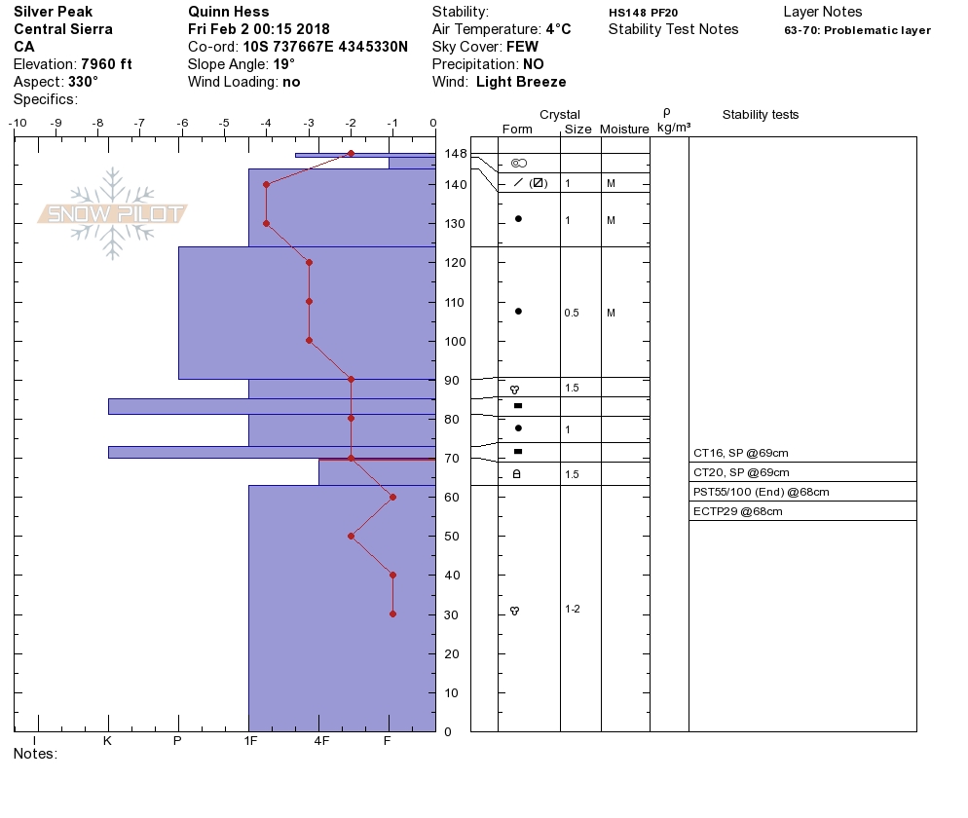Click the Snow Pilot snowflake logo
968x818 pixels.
pyautogui.click(x=112, y=213)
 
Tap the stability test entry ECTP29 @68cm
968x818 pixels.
pyautogui.click(x=738, y=511)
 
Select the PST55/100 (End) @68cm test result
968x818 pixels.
pyautogui.click(x=762, y=492)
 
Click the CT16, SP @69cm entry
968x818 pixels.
pyautogui.click(x=741, y=453)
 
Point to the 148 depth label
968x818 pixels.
pyautogui.click(x=456, y=153)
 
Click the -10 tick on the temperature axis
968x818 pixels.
pyautogui.click(x=18, y=123)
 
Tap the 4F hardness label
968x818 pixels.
pyautogui.click(x=321, y=740)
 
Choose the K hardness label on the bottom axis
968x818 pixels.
pyautogui.click(x=107, y=740)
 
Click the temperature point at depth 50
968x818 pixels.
pyautogui.click(x=351, y=536)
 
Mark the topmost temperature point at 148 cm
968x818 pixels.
pyautogui.click(x=351, y=153)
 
